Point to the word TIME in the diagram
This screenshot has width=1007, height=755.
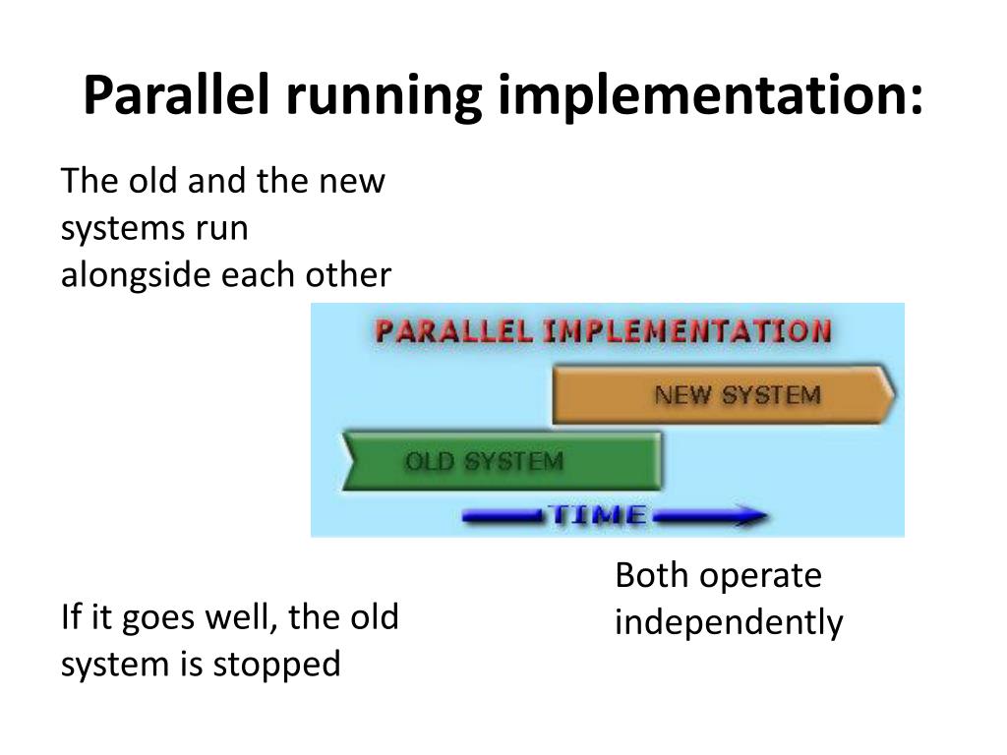[597, 514]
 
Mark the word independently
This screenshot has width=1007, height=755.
[729, 623]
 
